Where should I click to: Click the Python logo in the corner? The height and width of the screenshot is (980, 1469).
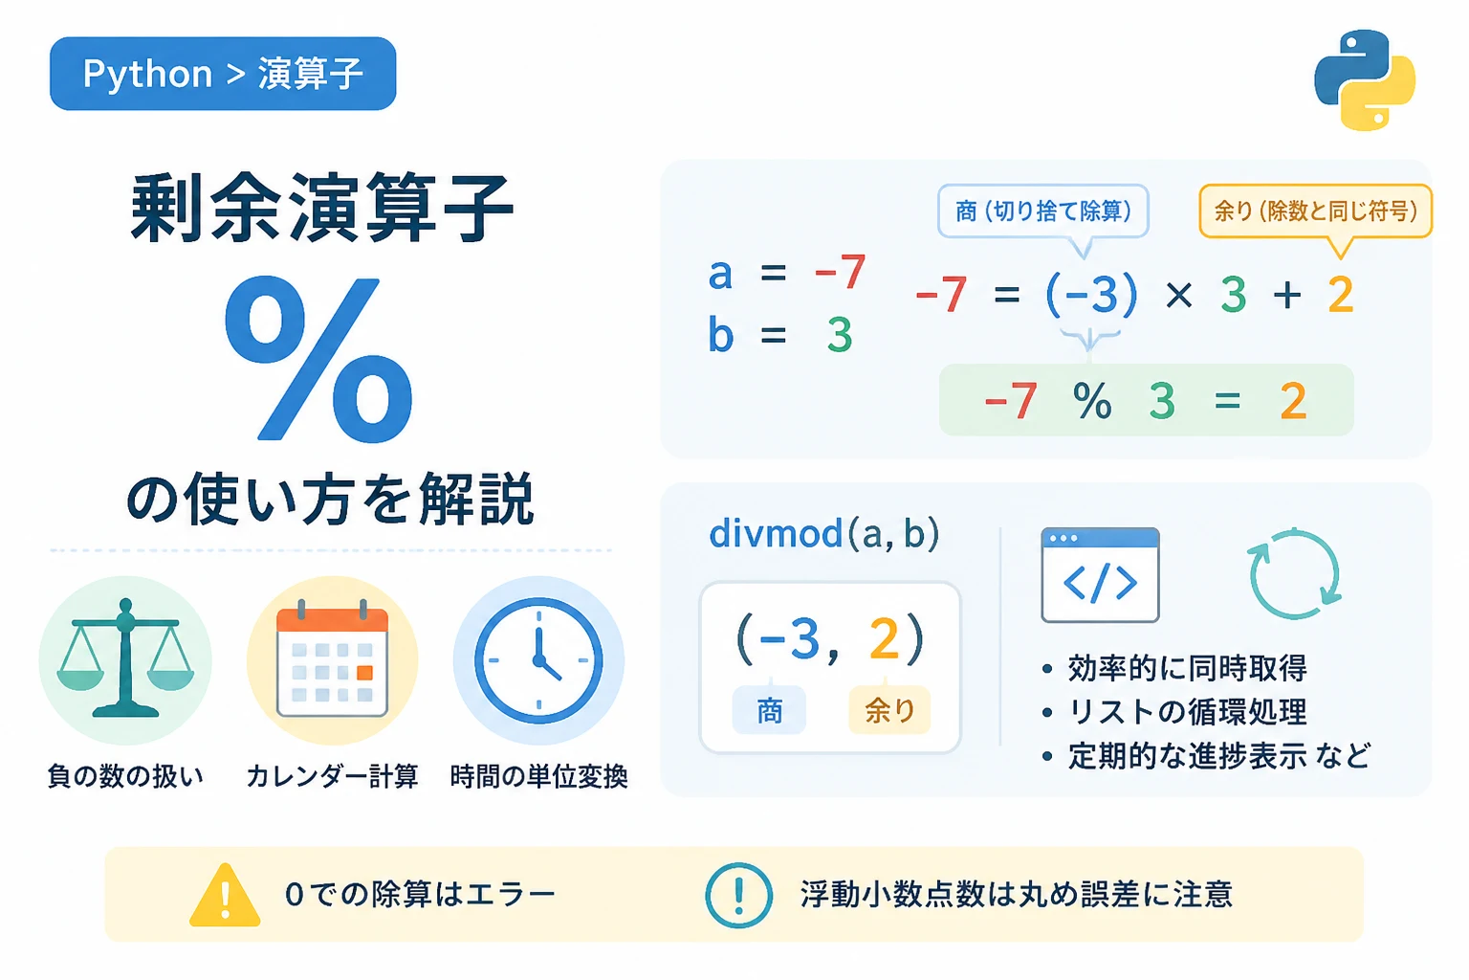pyautogui.click(x=1365, y=80)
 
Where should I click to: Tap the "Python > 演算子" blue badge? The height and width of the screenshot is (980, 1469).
pyautogui.click(x=223, y=74)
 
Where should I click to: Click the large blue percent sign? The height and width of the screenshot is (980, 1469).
pyautogui.click(x=318, y=359)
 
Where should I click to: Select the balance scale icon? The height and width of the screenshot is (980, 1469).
pyautogui.click(x=125, y=658)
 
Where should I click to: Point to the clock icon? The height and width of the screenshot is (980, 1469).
pyautogui.click(x=538, y=660)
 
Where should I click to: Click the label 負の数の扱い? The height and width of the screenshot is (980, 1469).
pyautogui.click(x=125, y=776)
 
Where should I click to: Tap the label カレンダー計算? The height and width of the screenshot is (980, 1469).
pyautogui.click(x=332, y=776)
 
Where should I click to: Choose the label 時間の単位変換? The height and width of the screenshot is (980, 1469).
pyautogui.click(x=538, y=776)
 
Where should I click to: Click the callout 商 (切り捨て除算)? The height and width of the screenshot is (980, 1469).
pyautogui.click(x=1043, y=212)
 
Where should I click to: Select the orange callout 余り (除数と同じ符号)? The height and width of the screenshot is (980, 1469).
pyautogui.click(x=1316, y=212)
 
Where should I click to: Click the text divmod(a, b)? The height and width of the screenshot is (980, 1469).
pyautogui.click(x=824, y=534)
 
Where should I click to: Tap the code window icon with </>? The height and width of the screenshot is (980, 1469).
pyautogui.click(x=1100, y=575)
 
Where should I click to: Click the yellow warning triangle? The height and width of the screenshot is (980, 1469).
pyautogui.click(x=225, y=895)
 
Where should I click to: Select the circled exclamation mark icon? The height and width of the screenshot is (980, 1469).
pyautogui.click(x=739, y=896)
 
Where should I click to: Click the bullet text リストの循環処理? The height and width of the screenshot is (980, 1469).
pyautogui.click(x=1188, y=712)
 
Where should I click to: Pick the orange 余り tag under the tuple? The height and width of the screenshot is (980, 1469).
pyautogui.click(x=889, y=710)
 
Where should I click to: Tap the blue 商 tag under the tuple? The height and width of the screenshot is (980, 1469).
pyautogui.click(x=769, y=710)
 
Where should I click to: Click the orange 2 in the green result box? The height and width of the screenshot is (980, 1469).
pyautogui.click(x=1293, y=400)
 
